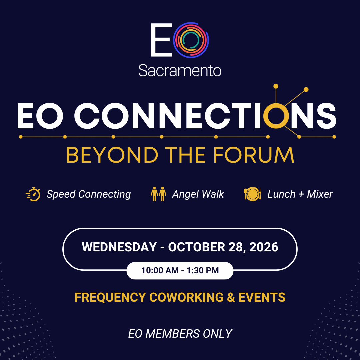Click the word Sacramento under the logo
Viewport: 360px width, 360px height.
pos(180,70)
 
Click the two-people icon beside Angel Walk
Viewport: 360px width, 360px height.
pos(158,194)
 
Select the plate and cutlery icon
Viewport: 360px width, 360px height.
pos(253,194)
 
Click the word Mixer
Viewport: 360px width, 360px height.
pos(320,194)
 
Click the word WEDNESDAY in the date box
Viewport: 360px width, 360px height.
pos(119,247)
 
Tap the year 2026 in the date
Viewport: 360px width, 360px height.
pos(264,247)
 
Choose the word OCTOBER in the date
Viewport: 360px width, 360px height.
pos(197,247)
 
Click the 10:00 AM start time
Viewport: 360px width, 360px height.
pos(160,270)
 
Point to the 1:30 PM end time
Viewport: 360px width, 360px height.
pos(203,270)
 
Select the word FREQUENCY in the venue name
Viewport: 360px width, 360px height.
pos(110,297)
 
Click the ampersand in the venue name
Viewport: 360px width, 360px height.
pos(231,297)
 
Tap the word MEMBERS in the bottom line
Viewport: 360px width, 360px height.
pos(172,334)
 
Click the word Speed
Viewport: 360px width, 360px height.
pos(61,194)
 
